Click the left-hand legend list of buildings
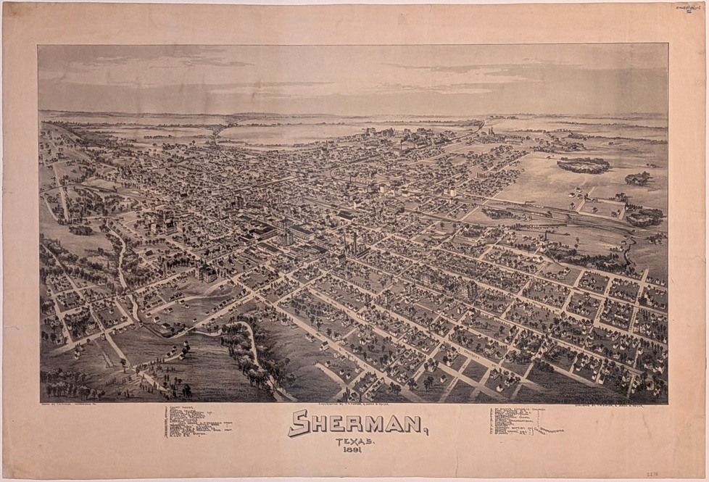[x=196, y=422]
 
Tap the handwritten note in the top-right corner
[x=687, y=9]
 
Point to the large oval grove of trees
[x=583, y=165]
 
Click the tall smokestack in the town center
[x=355, y=241]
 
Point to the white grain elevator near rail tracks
[x=452, y=191]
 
